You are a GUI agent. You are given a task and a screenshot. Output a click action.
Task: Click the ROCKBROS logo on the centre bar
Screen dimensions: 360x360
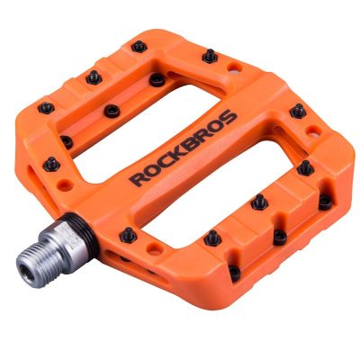coord(184,148)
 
